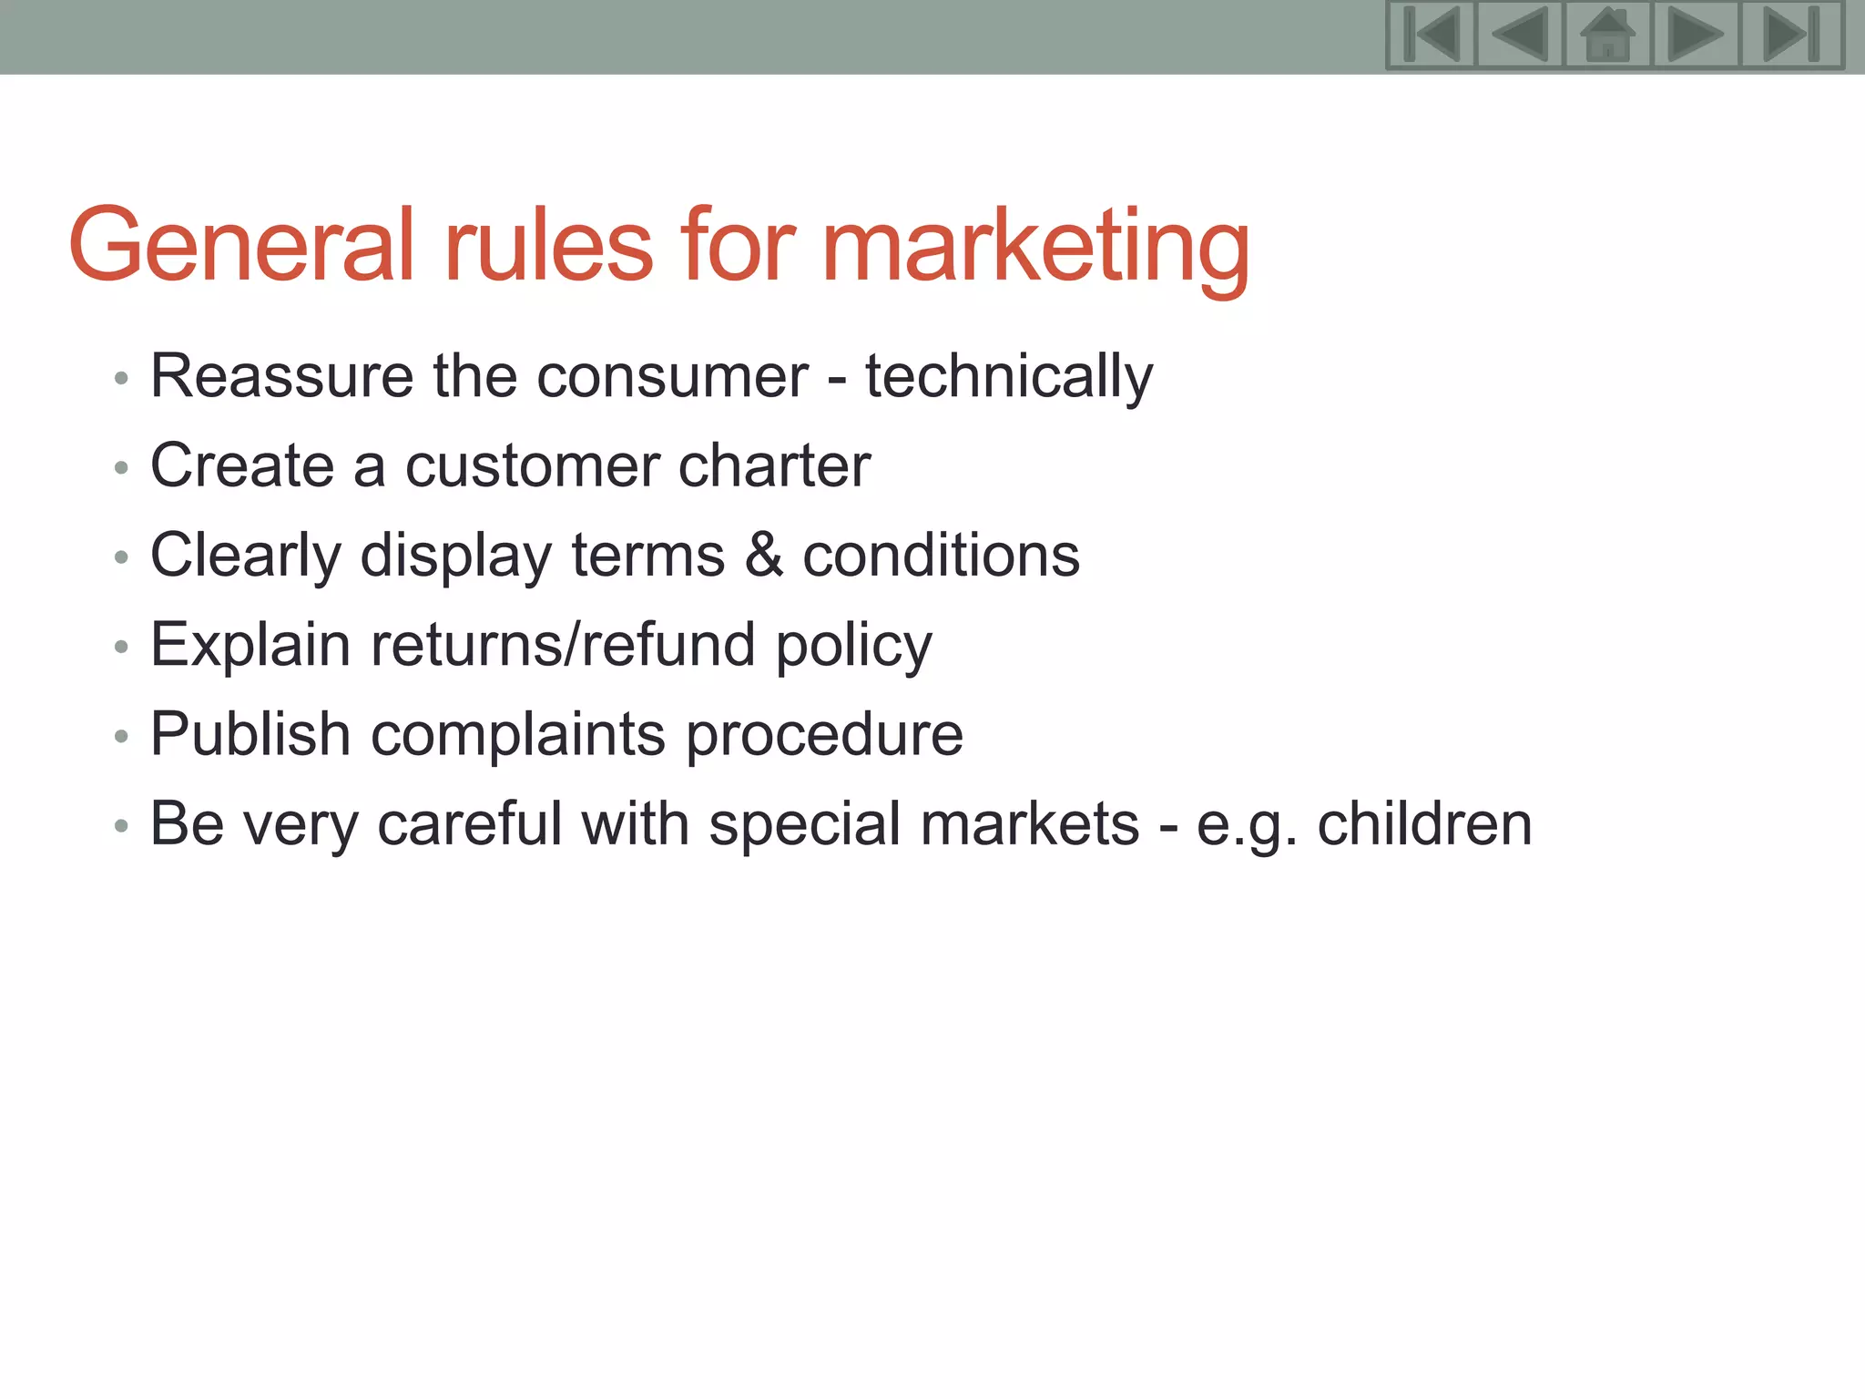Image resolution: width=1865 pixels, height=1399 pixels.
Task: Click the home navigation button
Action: point(1607,36)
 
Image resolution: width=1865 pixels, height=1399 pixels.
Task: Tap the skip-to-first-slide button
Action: point(1431,36)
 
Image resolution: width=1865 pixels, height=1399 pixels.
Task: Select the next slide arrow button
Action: point(1696,36)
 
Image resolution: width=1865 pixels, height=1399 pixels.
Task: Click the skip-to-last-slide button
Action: point(1791,36)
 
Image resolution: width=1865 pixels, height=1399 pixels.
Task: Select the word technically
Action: point(1008,376)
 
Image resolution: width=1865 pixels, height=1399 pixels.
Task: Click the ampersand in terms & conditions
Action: point(763,555)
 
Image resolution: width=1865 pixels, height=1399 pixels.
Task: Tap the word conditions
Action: point(941,555)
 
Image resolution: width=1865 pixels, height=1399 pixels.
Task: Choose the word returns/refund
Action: point(563,645)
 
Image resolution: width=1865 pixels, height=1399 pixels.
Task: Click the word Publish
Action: point(250,734)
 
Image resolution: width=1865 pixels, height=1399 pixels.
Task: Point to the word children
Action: point(1424,823)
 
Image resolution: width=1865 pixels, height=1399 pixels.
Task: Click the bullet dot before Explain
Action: point(121,647)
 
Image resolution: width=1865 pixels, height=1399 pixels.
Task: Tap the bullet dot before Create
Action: point(121,468)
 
